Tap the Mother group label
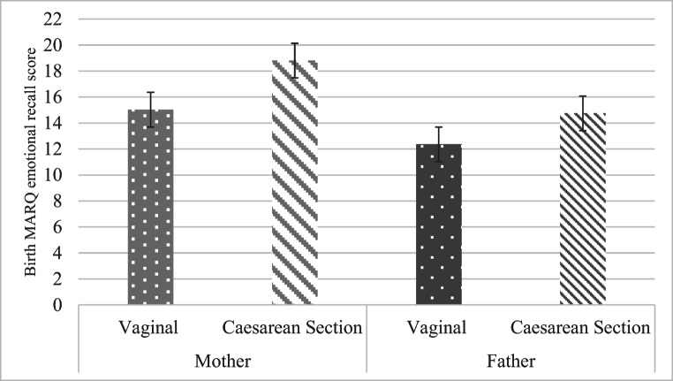click(222, 362)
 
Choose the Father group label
click(510, 362)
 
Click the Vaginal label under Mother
click(150, 327)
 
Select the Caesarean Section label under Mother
click(294, 327)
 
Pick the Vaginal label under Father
click(438, 327)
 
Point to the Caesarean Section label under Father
click(582, 327)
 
